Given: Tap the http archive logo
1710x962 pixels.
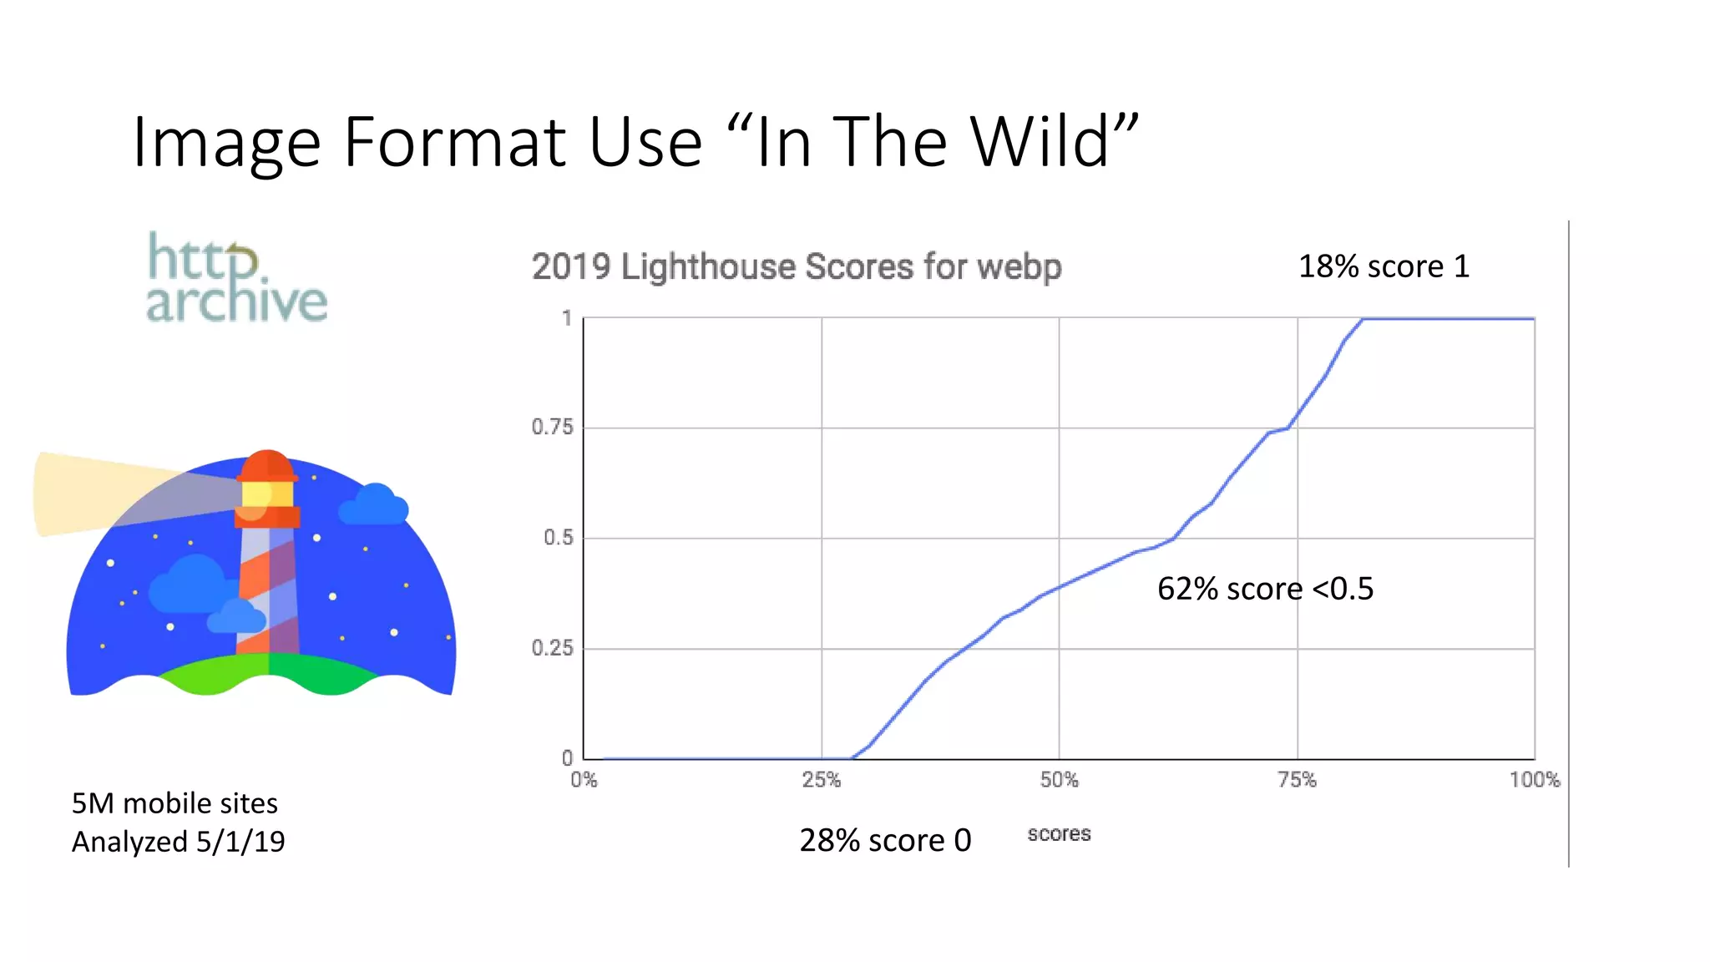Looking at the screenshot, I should pyautogui.click(x=237, y=278).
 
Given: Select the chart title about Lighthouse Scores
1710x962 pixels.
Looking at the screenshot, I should pyautogui.click(x=797, y=267).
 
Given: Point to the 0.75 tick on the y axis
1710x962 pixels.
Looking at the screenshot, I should pyautogui.click(x=553, y=428).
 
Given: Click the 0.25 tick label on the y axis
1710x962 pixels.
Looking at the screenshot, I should pyautogui.click(x=553, y=648).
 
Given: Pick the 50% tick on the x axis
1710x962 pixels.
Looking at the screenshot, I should pyautogui.click(x=1059, y=780).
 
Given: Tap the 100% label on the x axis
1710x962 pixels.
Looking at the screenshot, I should pyautogui.click(x=1534, y=780).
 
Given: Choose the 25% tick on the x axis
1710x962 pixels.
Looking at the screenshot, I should pyautogui.click(x=822, y=780).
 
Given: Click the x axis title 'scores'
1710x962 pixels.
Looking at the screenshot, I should pyautogui.click(x=1059, y=833).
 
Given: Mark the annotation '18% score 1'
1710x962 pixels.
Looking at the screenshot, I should pyautogui.click(x=1384, y=266).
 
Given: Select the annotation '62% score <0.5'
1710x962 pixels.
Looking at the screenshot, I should pyautogui.click(x=1265, y=589).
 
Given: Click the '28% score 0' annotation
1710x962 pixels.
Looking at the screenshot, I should pyautogui.click(x=885, y=840).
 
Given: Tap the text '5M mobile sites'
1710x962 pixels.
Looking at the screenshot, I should pyautogui.click(x=175, y=803).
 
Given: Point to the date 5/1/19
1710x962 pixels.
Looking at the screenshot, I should pyautogui.click(x=240, y=842).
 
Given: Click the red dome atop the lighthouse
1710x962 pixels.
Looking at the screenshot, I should pyautogui.click(x=267, y=464).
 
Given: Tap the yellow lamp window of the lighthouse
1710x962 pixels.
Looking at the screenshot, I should pyautogui.click(x=267, y=494).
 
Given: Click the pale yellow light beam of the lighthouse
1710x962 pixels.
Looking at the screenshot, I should pyautogui.click(x=92, y=493).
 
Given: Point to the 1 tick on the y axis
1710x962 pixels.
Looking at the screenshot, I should pyautogui.click(x=567, y=318).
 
